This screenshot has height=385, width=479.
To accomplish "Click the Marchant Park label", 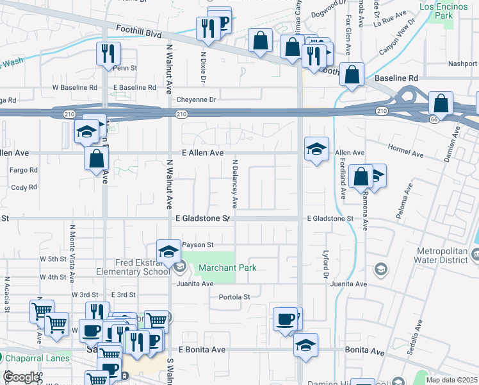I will [227, 268].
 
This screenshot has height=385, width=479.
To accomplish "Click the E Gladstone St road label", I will [202, 219].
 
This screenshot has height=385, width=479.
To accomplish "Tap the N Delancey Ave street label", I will [235, 184].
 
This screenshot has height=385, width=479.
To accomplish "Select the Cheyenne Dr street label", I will [196, 99].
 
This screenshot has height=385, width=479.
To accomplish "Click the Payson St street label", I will [197, 244].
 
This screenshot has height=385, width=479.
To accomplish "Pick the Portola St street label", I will [234, 297].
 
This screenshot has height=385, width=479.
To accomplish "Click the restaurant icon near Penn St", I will [107, 53].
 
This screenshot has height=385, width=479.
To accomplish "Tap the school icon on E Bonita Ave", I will [306, 345].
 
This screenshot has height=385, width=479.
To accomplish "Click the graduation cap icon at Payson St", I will [168, 251].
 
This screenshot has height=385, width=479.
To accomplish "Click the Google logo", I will [22, 377].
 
